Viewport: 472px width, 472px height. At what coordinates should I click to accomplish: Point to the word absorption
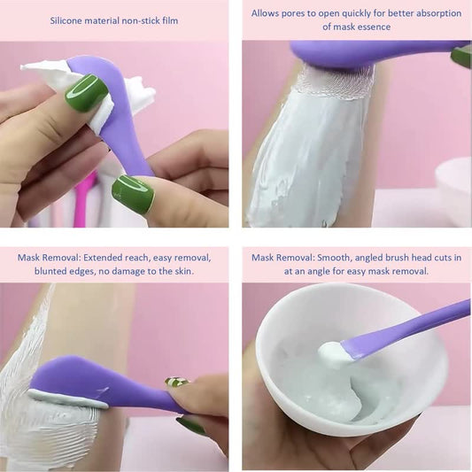[435, 13]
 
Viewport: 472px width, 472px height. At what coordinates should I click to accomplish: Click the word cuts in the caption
[437, 258]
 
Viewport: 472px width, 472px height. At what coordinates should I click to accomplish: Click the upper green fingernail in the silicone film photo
[86, 91]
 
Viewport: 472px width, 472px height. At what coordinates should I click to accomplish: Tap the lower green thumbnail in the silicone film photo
[133, 194]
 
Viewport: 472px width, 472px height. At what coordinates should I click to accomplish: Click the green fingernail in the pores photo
[461, 57]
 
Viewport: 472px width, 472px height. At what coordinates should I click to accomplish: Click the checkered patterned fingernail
[177, 383]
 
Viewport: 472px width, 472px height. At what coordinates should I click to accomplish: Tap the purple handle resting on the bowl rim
[416, 327]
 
